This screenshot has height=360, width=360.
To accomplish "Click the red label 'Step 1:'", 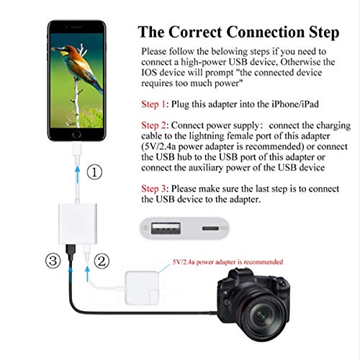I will [156, 104].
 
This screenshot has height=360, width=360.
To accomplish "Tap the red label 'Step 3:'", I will [156, 188].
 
